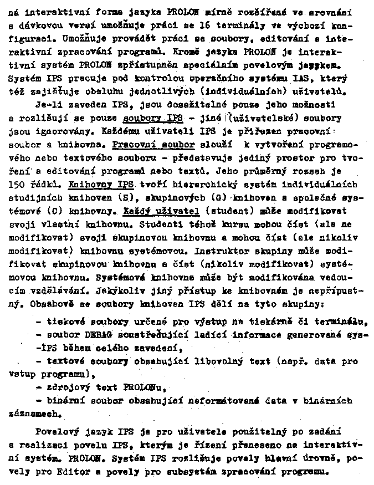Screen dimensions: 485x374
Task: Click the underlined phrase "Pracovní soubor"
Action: [x=154, y=145]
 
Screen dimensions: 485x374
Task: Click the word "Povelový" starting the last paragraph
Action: [x=55, y=433]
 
